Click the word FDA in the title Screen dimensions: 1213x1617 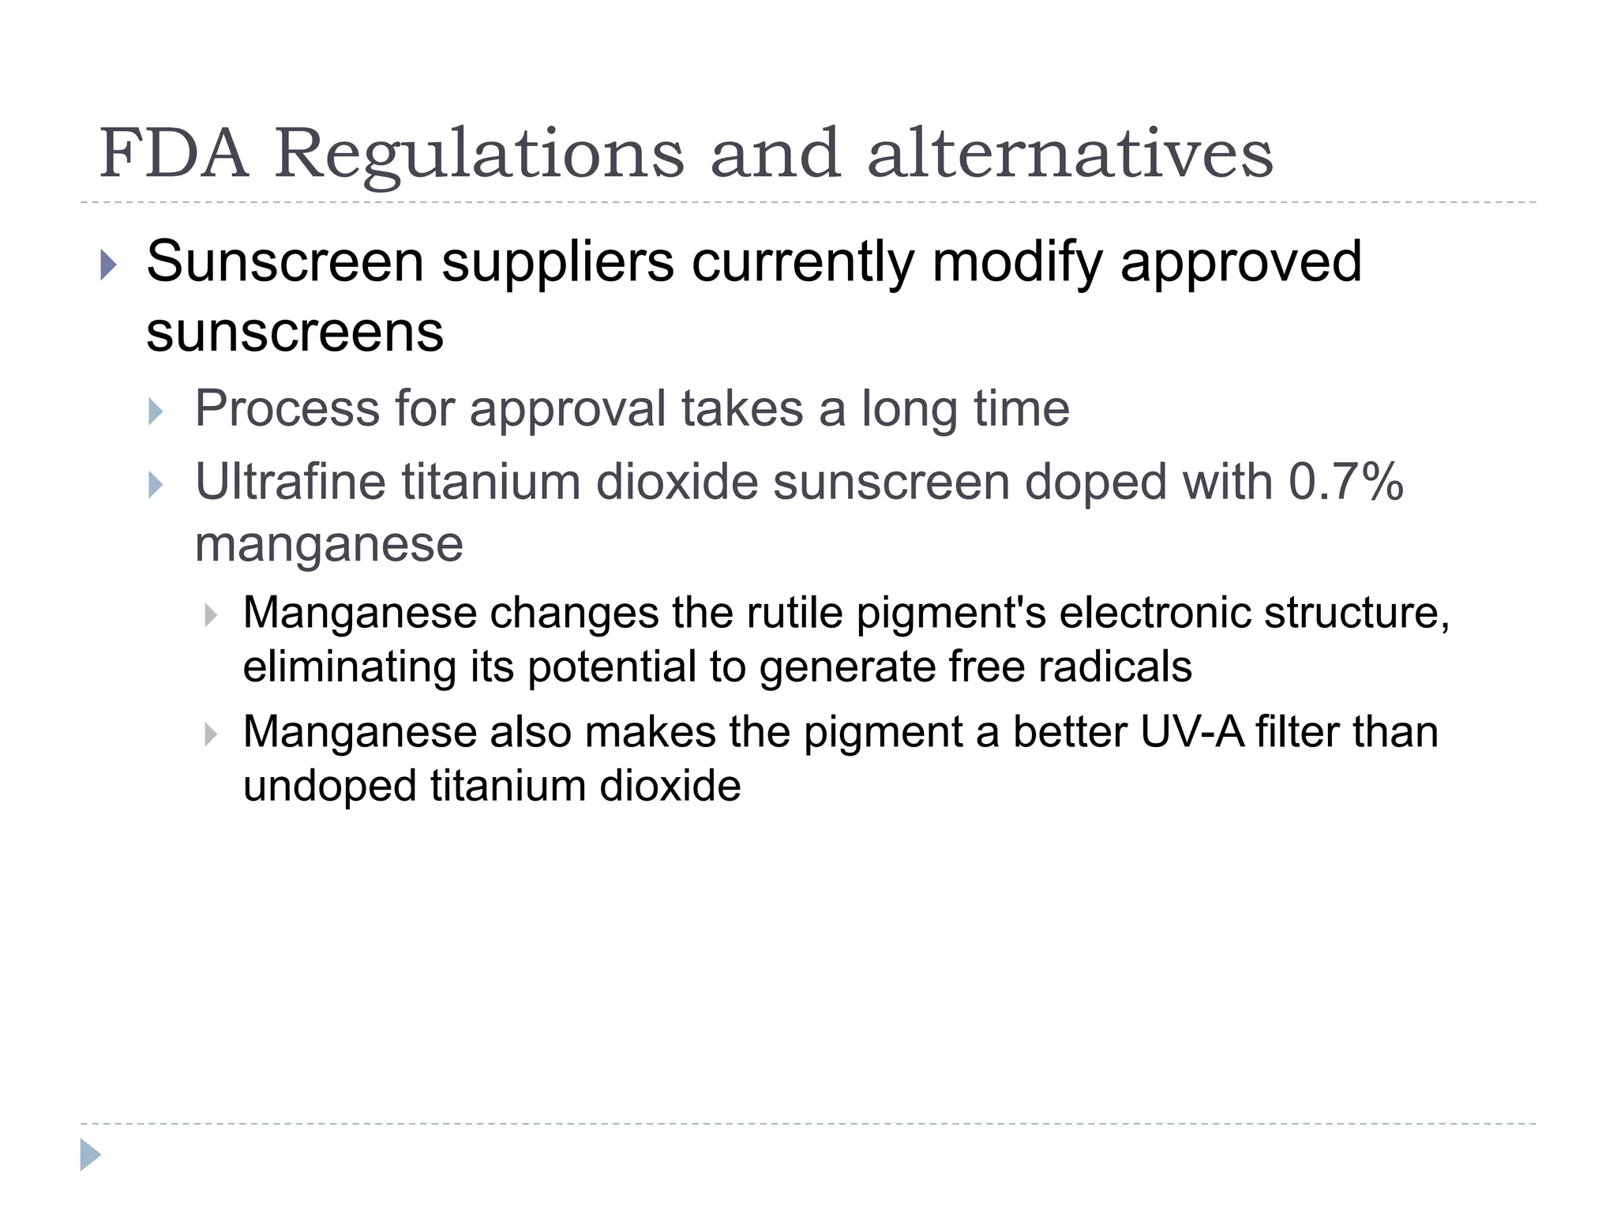tap(174, 153)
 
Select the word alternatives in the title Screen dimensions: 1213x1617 tap(1070, 153)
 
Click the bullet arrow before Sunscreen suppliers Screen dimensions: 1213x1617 tap(109, 265)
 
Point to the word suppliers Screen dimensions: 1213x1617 tap(557, 262)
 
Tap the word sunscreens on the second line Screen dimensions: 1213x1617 tap(295, 332)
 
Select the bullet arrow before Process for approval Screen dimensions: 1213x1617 tap(156, 411)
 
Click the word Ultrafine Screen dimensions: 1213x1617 tap(291, 482)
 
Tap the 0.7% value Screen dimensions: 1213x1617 tap(1345, 482)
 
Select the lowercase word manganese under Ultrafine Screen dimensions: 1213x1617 tap(328, 544)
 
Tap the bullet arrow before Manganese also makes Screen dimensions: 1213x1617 tap(210, 734)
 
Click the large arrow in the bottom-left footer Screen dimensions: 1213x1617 tap(91, 1155)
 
